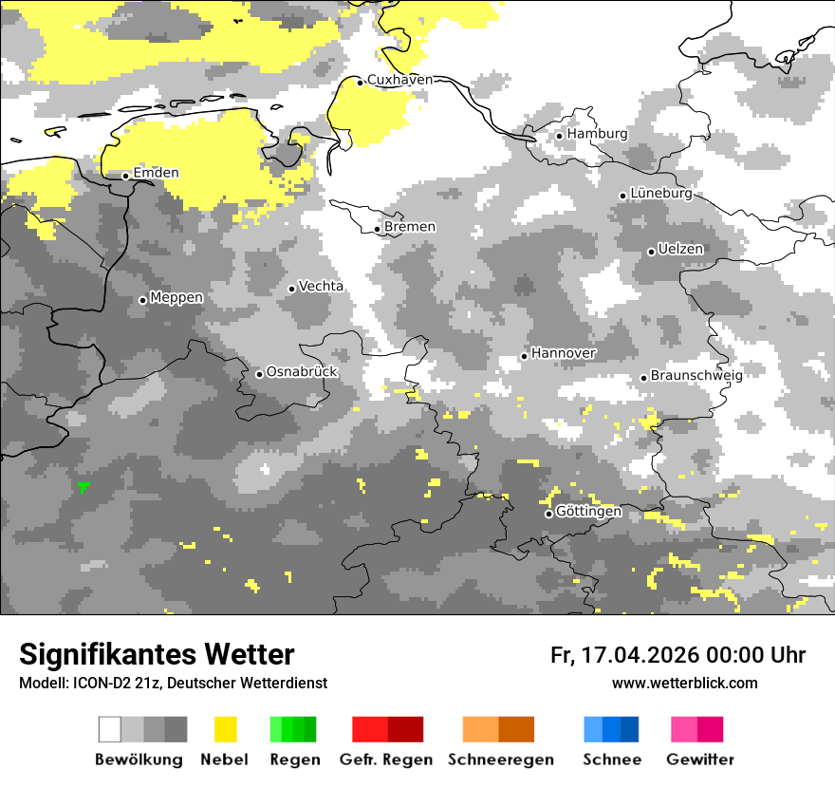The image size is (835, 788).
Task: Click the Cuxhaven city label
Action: (399, 80)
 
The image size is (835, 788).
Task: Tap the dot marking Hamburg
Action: (560, 136)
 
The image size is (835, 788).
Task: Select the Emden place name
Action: (156, 173)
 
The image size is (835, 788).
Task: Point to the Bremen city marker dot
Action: (378, 229)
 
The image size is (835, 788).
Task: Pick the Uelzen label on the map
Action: (681, 250)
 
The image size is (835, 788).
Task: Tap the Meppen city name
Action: (176, 298)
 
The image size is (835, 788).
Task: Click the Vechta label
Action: (322, 287)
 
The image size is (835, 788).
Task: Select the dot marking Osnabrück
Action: (259, 374)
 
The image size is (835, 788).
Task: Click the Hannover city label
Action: (564, 353)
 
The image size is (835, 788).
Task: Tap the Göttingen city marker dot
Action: (548, 514)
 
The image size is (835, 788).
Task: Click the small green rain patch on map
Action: (83, 486)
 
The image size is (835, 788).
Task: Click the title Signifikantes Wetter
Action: (157, 655)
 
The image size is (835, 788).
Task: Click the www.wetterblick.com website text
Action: (684, 684)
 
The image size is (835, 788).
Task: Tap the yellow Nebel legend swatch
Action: (225, 729)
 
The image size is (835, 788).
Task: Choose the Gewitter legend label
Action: (699, 760)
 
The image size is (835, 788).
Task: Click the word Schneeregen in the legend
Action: (500, 760)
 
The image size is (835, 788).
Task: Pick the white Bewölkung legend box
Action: (110, 729)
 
